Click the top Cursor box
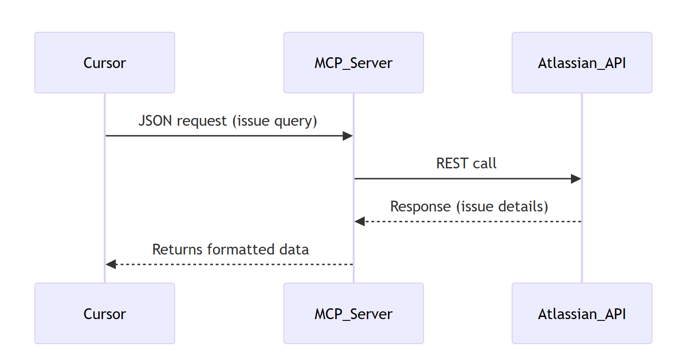[105, 62]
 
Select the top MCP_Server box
[354, 62]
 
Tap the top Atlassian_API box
[582, 62]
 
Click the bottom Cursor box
[105, 313]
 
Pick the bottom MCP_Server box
[354, 313]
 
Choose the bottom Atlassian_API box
[582, 313]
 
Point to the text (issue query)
[275, 121]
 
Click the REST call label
[466, 163]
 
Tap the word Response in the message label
[420, 206]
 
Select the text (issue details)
[502, 206]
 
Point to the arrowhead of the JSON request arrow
[348, 136]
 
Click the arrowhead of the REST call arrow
[576, 179]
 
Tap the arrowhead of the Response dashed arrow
[360, 221]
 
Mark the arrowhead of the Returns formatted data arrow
[111, 264]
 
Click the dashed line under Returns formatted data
[233, 264]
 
